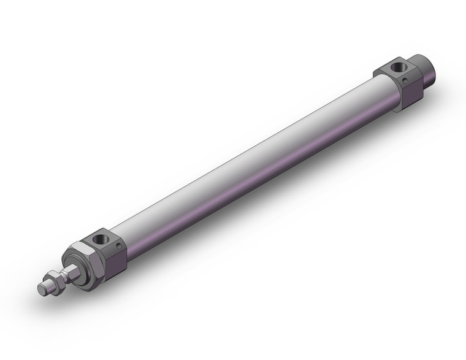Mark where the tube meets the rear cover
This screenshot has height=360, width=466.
tap(386, 92)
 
